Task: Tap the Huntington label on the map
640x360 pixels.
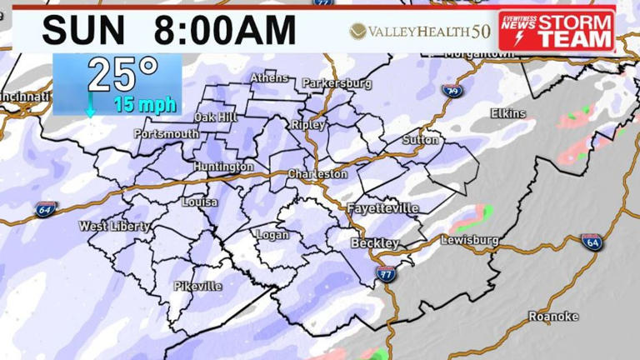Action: point(223,167)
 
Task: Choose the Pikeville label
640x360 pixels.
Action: point(198,286)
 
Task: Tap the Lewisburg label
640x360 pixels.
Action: point(469,240)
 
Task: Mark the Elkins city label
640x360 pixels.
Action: point(508,113)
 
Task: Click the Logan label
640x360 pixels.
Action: point(272,235)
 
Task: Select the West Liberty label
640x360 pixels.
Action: point(115,226)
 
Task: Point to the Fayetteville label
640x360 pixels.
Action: point(382,207)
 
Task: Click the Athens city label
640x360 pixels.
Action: point(269,78)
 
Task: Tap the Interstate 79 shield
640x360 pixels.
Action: point(451,90)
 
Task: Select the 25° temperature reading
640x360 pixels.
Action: point(122,75)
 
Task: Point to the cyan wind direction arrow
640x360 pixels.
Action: point(90,107)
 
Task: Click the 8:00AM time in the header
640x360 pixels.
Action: point(225,31)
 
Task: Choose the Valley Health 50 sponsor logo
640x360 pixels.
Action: point(419,32)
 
